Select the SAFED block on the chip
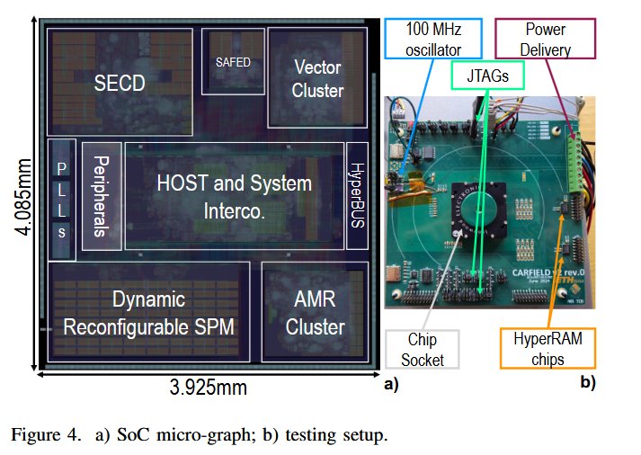(233, 62)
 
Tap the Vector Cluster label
(318, 78)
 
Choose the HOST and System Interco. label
(234, 196)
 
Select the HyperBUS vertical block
(356, 196)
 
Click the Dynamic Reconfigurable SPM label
(149, 313)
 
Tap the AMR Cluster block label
(316, 313)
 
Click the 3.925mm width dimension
(209, 388)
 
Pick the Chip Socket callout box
(422, 349)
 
